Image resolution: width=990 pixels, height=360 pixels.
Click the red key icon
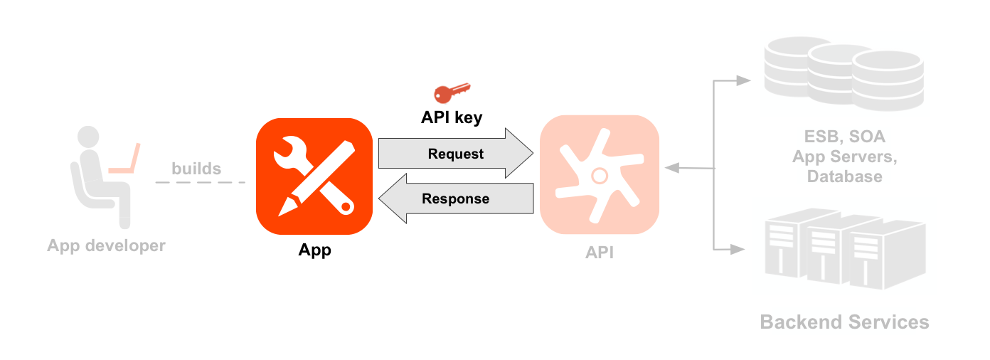452,92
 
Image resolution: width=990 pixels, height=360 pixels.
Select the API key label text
452,117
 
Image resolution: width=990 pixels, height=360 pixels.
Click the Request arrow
455,154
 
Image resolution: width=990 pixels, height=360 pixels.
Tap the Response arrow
455,198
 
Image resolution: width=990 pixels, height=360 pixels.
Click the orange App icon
314,176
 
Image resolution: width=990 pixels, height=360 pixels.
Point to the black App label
314,250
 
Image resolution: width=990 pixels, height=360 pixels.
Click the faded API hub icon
600,174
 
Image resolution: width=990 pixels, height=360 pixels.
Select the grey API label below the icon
600,253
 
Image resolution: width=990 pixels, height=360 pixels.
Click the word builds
196,169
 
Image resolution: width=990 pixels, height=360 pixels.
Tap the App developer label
106,246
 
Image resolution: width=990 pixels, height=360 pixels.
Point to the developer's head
88,137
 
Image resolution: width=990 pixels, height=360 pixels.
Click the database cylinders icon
843,75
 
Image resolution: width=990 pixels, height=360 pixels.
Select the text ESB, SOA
845,137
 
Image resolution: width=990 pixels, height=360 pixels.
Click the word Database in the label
845,176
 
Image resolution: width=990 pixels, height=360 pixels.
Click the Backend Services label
844,322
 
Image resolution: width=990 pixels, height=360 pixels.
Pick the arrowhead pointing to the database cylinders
743,80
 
